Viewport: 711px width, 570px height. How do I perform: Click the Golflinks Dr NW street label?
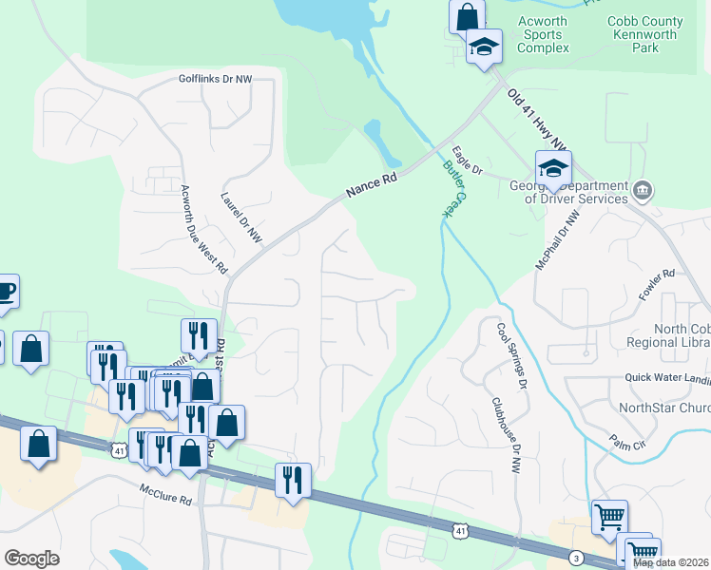tap(216, 80)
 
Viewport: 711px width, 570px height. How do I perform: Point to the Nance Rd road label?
tap(371, 184)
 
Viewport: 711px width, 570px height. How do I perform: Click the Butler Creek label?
tap(454, 188)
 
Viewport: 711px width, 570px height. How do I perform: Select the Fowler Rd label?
tap(656, 285)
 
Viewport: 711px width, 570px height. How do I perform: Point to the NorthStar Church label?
tap(664, 408)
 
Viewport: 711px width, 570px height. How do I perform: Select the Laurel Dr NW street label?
tap(240, 218)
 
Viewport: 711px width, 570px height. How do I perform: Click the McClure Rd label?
tap(165, 494)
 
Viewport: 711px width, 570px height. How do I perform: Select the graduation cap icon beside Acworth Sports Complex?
tap(484, 46)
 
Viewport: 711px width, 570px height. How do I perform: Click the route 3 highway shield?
tap(576, 557)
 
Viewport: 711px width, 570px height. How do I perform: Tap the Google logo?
tap(31, 558)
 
